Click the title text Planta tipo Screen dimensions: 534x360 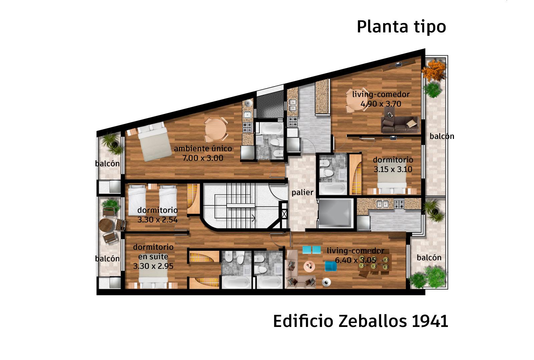click(401, 27)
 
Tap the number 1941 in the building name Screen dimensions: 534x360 click(430, 321)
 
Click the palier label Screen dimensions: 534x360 click(302, 193)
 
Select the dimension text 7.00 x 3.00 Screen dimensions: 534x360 click(203, 158)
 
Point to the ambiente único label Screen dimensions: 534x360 click(203, 148)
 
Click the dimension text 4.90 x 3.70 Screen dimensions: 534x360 click(381, 104)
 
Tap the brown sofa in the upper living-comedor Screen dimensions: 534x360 click(400, 124)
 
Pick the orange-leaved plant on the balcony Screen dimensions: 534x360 click(434, 70)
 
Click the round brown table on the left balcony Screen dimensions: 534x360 click(106, 225)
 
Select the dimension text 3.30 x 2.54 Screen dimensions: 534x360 click(157, 219)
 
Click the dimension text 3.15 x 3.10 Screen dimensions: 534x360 click(393, 169)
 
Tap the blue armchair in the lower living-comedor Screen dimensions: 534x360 click(331, 266)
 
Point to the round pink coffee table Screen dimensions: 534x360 click(309, 266)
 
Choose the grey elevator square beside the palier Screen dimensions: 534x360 click(335, 213)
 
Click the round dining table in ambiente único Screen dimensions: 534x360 click(216, 129)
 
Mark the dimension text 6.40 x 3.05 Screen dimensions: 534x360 click(356, 260)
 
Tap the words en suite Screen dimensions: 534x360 click(153, 256)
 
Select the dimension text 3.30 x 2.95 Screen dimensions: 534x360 click(153, 266)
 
